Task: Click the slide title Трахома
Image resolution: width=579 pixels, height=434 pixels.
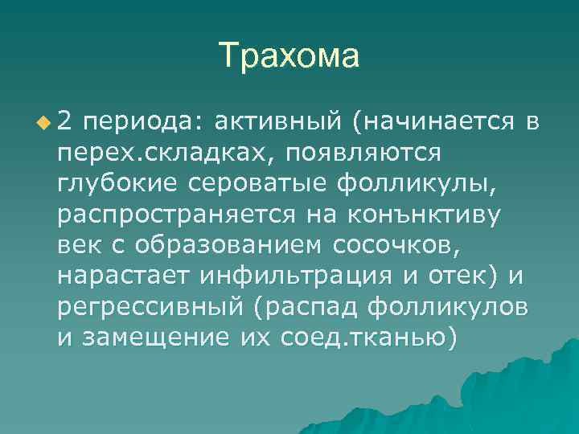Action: (x=289, y=56)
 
